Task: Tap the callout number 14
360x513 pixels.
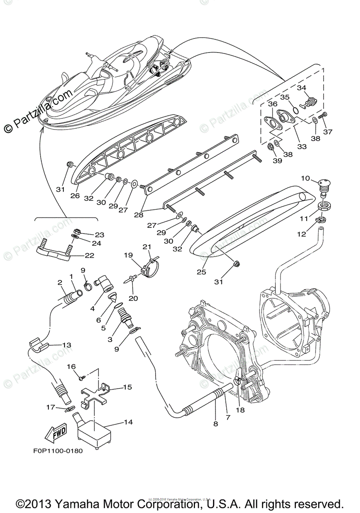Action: coord(128,422)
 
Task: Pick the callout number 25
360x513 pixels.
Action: coord(201,272)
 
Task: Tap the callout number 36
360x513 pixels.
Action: coord(272,104)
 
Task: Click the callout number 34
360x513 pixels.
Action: coord(302,88)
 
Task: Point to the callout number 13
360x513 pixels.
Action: coord(67,345)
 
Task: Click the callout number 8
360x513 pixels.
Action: coord(215,424)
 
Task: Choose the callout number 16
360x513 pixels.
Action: coord(71,367)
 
